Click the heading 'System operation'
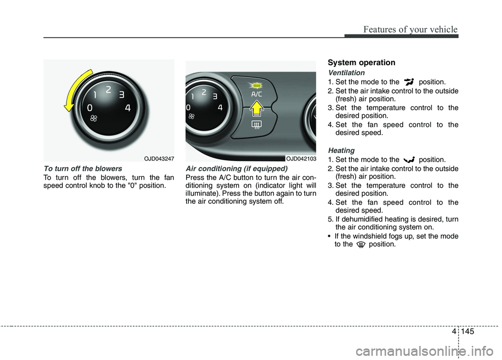(361, 63)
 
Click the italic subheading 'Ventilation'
(346, 73)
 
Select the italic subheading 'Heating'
(340, 150)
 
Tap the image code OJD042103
(300, 158)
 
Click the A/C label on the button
(256, 94)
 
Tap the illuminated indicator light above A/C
(256, 84)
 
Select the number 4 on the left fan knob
(128, 108)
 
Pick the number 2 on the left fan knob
(108, 90)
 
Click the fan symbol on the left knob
(94, 120)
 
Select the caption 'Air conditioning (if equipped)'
(236, 169)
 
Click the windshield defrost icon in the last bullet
(360, 245)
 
